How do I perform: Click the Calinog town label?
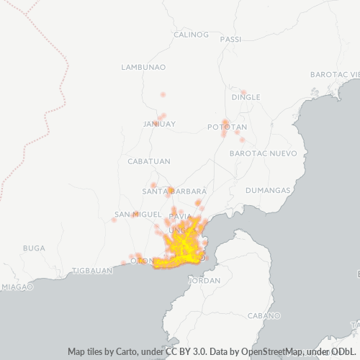191,34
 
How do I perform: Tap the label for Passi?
231,39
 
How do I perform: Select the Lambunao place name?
144,67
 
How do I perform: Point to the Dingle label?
246,96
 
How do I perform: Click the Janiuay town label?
159,124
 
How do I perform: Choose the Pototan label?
227,127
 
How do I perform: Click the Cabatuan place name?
148,161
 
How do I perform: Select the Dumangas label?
267,191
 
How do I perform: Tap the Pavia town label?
179,216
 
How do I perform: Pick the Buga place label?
34,248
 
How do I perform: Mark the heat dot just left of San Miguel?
114,220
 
